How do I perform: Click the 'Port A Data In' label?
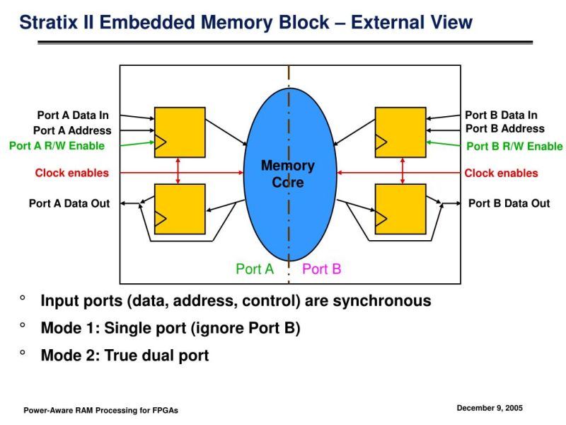[x=73, y=115]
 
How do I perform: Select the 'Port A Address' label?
[x=72, y=130]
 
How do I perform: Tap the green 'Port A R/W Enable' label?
[x=57, y=146]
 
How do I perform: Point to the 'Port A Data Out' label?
[x=69, y=203]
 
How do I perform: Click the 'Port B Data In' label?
[x=501, y=115]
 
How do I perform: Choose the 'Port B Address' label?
[x=505, y=129]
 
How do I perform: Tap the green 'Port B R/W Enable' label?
[x=515, y=147]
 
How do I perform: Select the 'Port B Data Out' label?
[x=509, y=203]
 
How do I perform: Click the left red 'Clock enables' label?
[x=72, y=173]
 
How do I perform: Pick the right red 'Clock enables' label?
[x=501, y=173]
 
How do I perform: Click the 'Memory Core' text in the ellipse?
[x=288, y=174]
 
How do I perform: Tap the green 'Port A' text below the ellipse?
[x=255, y=269]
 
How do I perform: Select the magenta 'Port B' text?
[x=322, y=269]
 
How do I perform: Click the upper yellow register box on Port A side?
[x=180, y=132]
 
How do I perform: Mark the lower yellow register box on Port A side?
[x=180, y=209]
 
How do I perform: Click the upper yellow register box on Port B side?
[x=400, y=132]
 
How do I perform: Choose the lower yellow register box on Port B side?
[x=400, y=209]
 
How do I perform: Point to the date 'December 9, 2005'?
[x=490, y=408]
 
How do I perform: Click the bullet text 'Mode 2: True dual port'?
[x=125, y=356]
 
